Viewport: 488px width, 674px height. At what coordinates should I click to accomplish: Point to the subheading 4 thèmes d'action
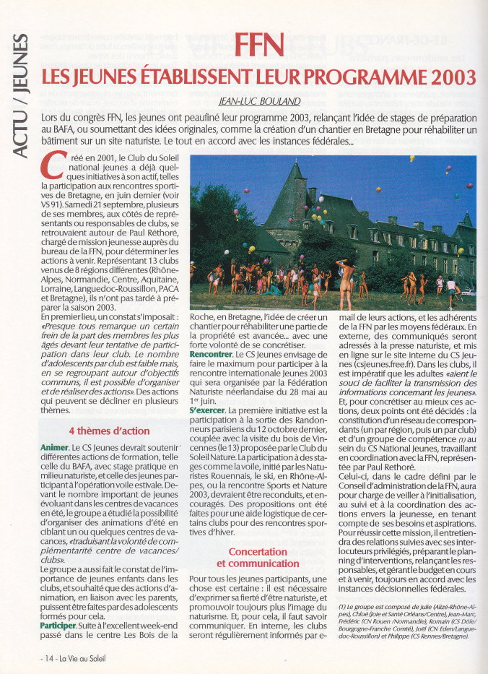coord(110,431)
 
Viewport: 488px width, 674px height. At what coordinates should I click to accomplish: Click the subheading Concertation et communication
coord(258,557)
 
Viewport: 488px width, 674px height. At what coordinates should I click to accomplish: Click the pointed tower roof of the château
coord(297,185)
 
